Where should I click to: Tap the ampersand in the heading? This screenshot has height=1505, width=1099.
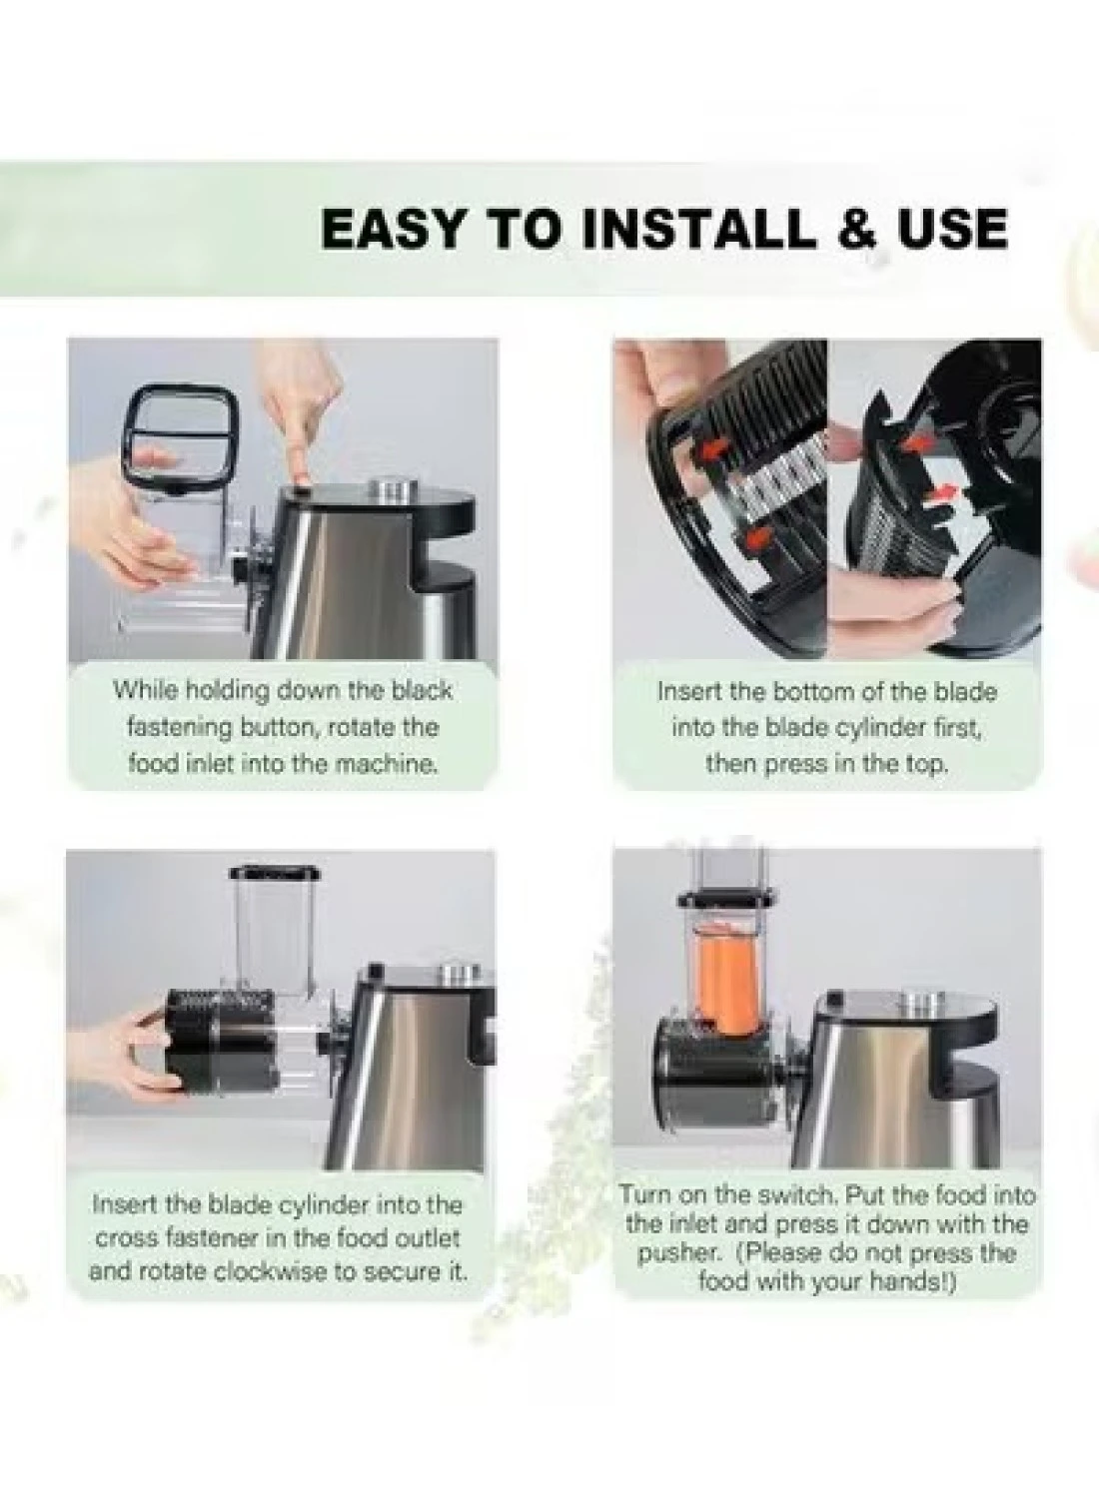tap(856, 229)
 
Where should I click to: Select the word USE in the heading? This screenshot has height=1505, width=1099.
tap(954, 229)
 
